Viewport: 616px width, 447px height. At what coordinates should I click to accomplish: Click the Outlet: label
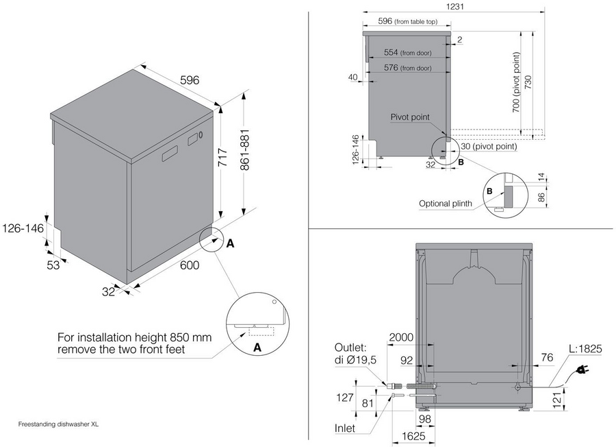pos(352,348)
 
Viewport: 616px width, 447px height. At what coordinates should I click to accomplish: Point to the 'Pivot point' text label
pos(410,118)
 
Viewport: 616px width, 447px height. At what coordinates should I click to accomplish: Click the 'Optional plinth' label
pos(445,204)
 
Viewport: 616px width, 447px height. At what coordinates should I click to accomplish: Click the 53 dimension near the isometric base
pos(53,265)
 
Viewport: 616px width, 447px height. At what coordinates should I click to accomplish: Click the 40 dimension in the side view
pos(353,77)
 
